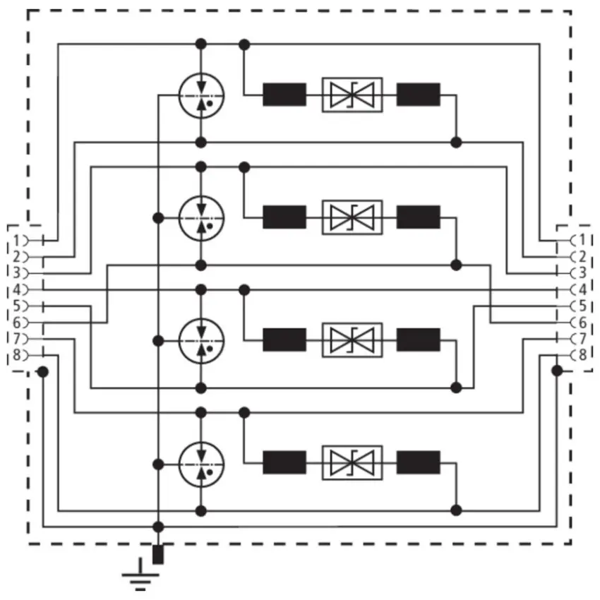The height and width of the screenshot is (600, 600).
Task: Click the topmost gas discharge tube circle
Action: pyautogui.click(x=201, y=74)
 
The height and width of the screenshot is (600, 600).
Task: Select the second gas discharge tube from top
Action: pyautogui.click(x=201, y=196)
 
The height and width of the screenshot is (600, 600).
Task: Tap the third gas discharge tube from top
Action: pyautogui.click(x=201, y=319)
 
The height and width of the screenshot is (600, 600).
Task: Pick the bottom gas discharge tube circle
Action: pyautogui.click(x=201, y=443)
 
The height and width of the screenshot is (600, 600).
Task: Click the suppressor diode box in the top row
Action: pyautogui.click(x=352, y=95)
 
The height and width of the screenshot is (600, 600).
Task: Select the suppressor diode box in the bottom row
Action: pyautogui.click(x=352, y=462)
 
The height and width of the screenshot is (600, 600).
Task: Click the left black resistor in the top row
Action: pyautogui.click(x=284, y=95)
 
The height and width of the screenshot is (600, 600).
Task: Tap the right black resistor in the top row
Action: pyautogui.click(x=419, y=95)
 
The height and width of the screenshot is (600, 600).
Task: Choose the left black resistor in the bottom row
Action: pyautogui.click(x=284, y=462)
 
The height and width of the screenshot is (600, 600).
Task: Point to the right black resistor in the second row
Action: pyautogui.click(x=419, y=217)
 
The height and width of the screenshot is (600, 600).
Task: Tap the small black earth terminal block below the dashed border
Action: pyautogui.click(x=158, y=554)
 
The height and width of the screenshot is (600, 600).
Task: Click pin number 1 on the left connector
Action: pyautogui.click(x=16, y=241)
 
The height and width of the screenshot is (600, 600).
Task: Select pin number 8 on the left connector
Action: pyautogui.click(x=16, y=355)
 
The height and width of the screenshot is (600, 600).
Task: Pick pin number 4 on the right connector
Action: pyautogui.click(x=582, y=289)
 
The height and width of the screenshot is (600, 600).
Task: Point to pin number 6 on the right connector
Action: pyautogui.click(x=582, y=323)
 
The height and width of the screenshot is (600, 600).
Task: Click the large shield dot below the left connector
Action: pyautogui.click(x=43, y=371)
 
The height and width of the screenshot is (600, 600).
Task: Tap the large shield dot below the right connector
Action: pyautogui.click(x=557, y=371)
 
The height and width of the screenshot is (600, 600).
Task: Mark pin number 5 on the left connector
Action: pyautogui.click(x=16, y=306)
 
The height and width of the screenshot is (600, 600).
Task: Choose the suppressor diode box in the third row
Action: pyautogui.click(x=352, y=340)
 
